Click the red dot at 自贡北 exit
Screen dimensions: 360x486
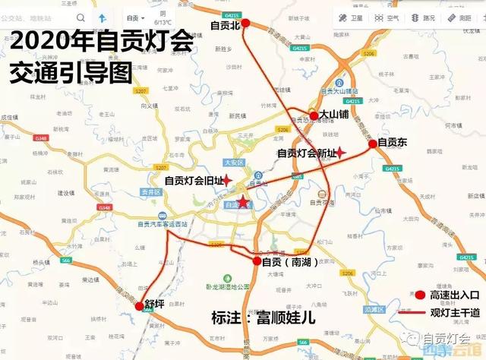click(x=245, y=25)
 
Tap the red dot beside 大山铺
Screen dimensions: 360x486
click(x=314, y=115)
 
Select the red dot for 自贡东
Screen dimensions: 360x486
click(x=372, y=143)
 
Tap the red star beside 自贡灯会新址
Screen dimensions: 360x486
click(x=341, y=153)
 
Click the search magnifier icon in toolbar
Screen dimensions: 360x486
click(x=80, y=17)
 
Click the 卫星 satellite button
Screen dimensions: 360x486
click(x=352, y=17)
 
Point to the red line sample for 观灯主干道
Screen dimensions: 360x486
click(x=420, y=311)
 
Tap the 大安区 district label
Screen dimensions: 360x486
click(x=233, y=163)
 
